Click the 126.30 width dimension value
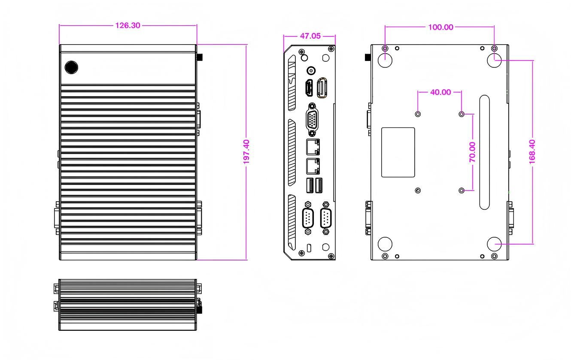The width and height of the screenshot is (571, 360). tap(128, 25)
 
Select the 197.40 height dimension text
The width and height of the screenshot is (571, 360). tap(247, 152)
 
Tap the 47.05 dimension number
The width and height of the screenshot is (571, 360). tap(310, 36)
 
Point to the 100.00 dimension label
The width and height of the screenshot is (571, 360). tap(440, 27)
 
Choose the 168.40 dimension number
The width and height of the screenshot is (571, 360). tap(533, 152)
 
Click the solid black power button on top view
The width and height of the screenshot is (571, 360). tap(71, 67)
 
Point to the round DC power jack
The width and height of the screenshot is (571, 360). tap(311, 70)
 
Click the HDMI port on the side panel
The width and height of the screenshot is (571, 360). tap(308, 88)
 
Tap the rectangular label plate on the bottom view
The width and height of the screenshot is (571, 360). tap(398, 152)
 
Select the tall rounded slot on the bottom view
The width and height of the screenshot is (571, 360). tap(484, 152)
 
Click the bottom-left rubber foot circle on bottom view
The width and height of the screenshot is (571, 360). tap(385, 244)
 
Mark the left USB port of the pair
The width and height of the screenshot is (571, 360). tap(308, 185)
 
